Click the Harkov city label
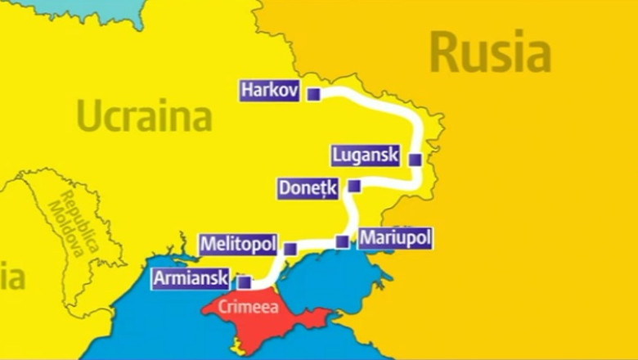tap(270, 89)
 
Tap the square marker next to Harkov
tap(313, 95)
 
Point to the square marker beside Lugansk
tap(415, 160)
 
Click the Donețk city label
tap(307, 187)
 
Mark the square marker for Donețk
tap(353, 187)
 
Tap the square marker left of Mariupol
tap(342, 241)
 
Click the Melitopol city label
tap(238, 244)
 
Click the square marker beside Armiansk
tap(244, 282)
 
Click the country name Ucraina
tap(145, 116)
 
